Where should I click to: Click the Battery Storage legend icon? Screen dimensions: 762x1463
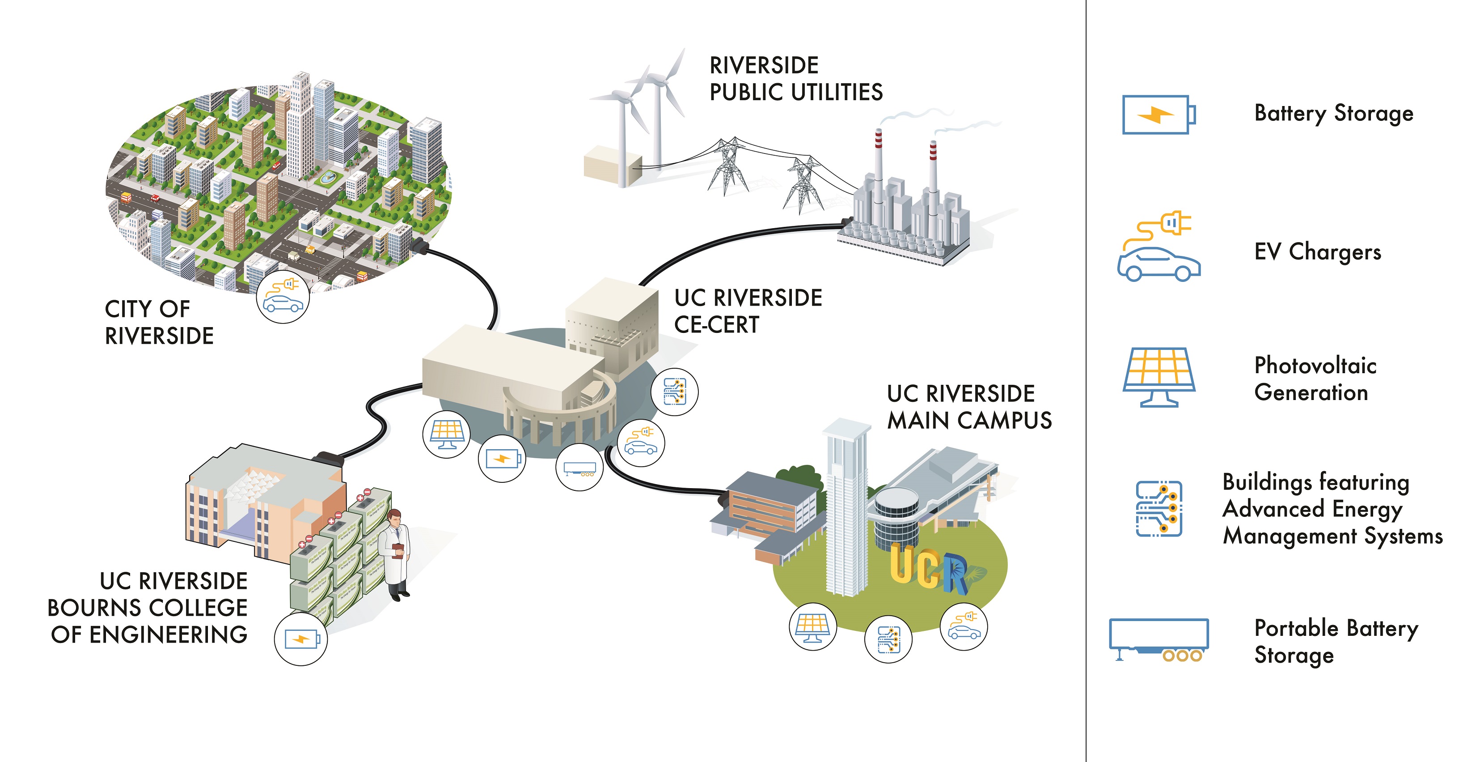tap(1159, 115)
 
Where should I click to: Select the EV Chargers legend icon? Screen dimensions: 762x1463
tap(1159, 248)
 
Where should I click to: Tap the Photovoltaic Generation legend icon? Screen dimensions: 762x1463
tap(1159, 377)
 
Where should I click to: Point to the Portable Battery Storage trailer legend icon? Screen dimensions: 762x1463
tap(1159, 640)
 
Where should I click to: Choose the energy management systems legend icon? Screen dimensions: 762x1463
tap(1159, 509)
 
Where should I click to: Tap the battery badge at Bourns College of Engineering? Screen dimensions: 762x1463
tap(301, 639)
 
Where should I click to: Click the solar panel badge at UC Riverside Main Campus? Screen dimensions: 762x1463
tap(812, 627)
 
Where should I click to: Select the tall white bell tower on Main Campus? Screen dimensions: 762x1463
tap(846, 511)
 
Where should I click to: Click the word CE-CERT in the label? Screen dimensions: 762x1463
tap(716, 325)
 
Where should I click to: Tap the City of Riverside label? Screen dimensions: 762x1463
tap(159, 322)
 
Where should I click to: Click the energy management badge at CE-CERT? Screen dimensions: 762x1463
tap(675, 392)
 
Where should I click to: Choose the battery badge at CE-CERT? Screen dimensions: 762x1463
tap(502, 459)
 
